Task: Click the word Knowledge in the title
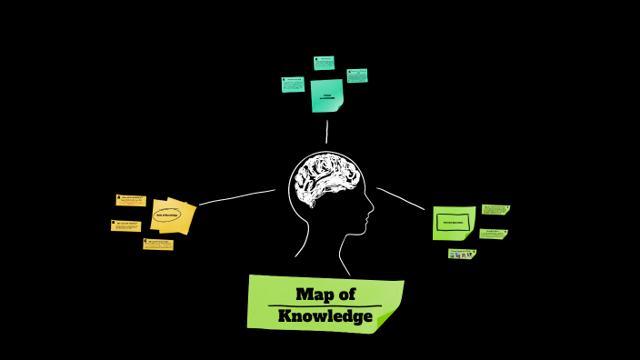click(x=325, y=316)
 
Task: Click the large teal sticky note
click(x=326, y=95)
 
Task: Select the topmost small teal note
click(x=324, y=63)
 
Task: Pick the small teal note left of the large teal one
click(x=293, y=84)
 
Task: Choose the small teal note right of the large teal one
click(x=357, y=75)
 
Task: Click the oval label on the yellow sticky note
click(x=167, y=215)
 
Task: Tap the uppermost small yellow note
click(x=131, y=200)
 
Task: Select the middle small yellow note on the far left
click(x=125, y=225)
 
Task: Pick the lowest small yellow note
click(x=158, y=244)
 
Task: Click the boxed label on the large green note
click(x=453, y=222)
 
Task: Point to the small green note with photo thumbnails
click(x=462, y=254)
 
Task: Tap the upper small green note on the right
click(x=495, y=209)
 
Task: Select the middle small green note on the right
click(x=493, y=234)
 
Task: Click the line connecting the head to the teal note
click(x=326, y=131)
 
